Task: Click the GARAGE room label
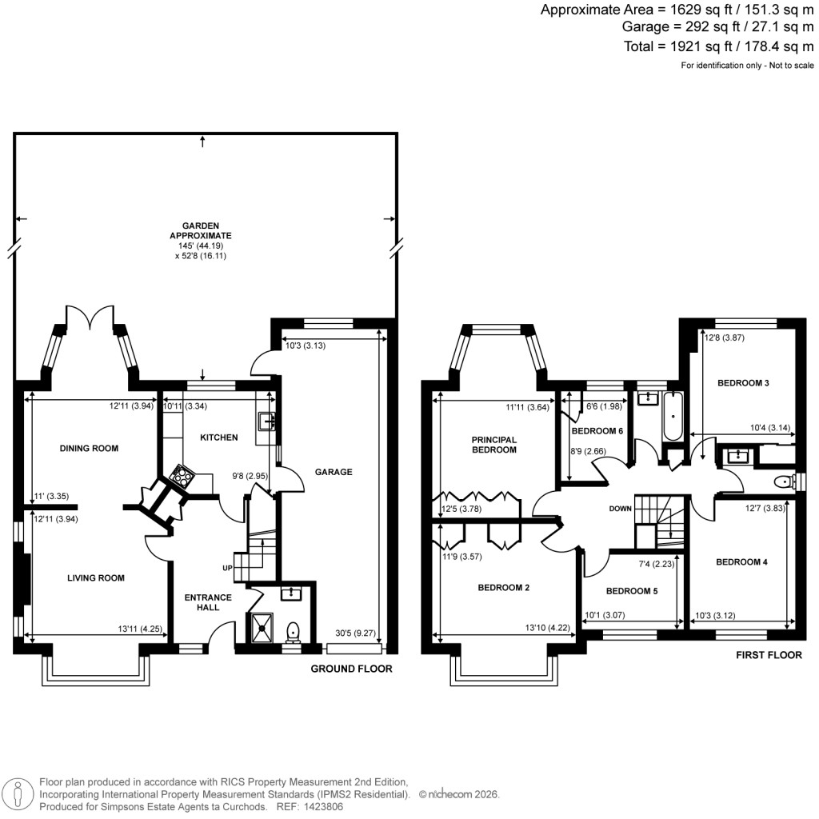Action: click(x=334, y=472)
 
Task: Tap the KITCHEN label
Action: click(x=218, y=437)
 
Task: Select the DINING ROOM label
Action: click(x=90, y=449)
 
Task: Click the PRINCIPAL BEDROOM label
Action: click(x=494, y=445)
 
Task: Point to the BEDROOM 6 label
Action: click(x=597, y=431)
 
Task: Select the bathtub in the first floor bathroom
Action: click(x=671, y=417)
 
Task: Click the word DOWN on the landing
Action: click(x=620, y=509)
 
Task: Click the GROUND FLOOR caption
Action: click(x=351, y=669)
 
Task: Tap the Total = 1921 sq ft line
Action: click(x=717, y=46)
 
